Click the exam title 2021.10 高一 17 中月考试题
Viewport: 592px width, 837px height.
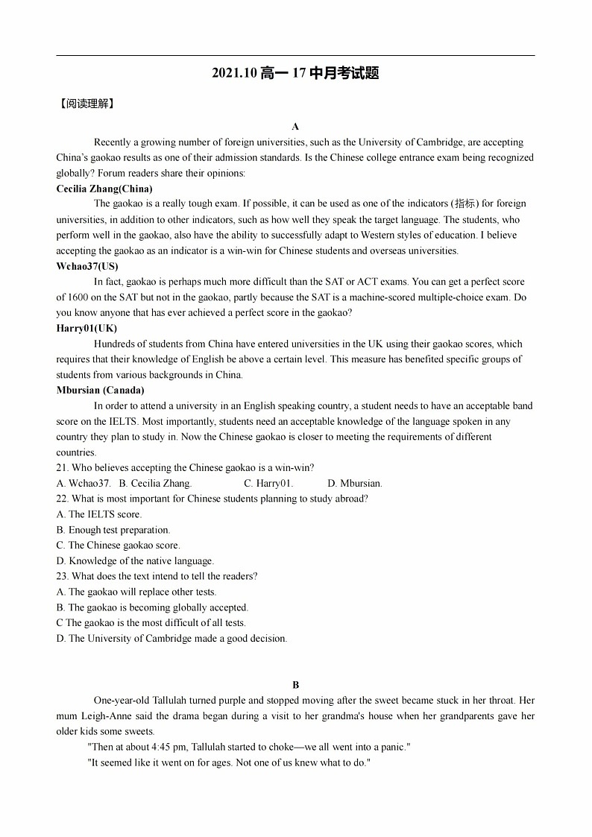coord(295,73)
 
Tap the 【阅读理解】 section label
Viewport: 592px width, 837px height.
coord(86,104)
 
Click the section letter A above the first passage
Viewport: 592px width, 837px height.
coord(295,127)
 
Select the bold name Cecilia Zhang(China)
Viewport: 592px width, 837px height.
coord(104,189)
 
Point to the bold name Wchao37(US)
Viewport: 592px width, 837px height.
coord(87,266)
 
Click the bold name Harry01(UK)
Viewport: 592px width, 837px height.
coord(86,328)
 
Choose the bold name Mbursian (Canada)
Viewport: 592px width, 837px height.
coord(101,390)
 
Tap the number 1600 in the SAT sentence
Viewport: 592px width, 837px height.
coord(78,297)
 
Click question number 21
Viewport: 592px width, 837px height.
coord(63,468)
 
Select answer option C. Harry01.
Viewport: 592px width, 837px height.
coord(268,484)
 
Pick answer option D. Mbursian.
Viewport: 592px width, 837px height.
coord(355,484)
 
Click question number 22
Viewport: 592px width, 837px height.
coord(63,499)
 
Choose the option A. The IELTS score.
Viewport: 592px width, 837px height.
coord(99,514)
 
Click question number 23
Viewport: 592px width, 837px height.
coord(63,576)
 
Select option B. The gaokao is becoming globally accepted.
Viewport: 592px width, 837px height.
coord(152,607)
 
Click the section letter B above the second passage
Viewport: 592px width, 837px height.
coord(295,685)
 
